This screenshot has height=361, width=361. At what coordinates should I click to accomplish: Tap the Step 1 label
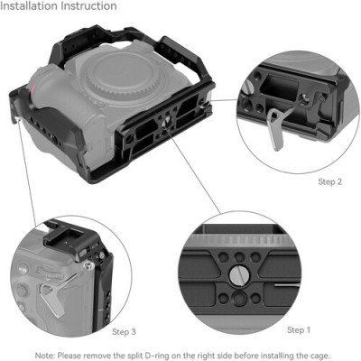pos(300,329)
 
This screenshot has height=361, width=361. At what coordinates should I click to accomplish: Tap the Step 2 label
pos(329,181)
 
